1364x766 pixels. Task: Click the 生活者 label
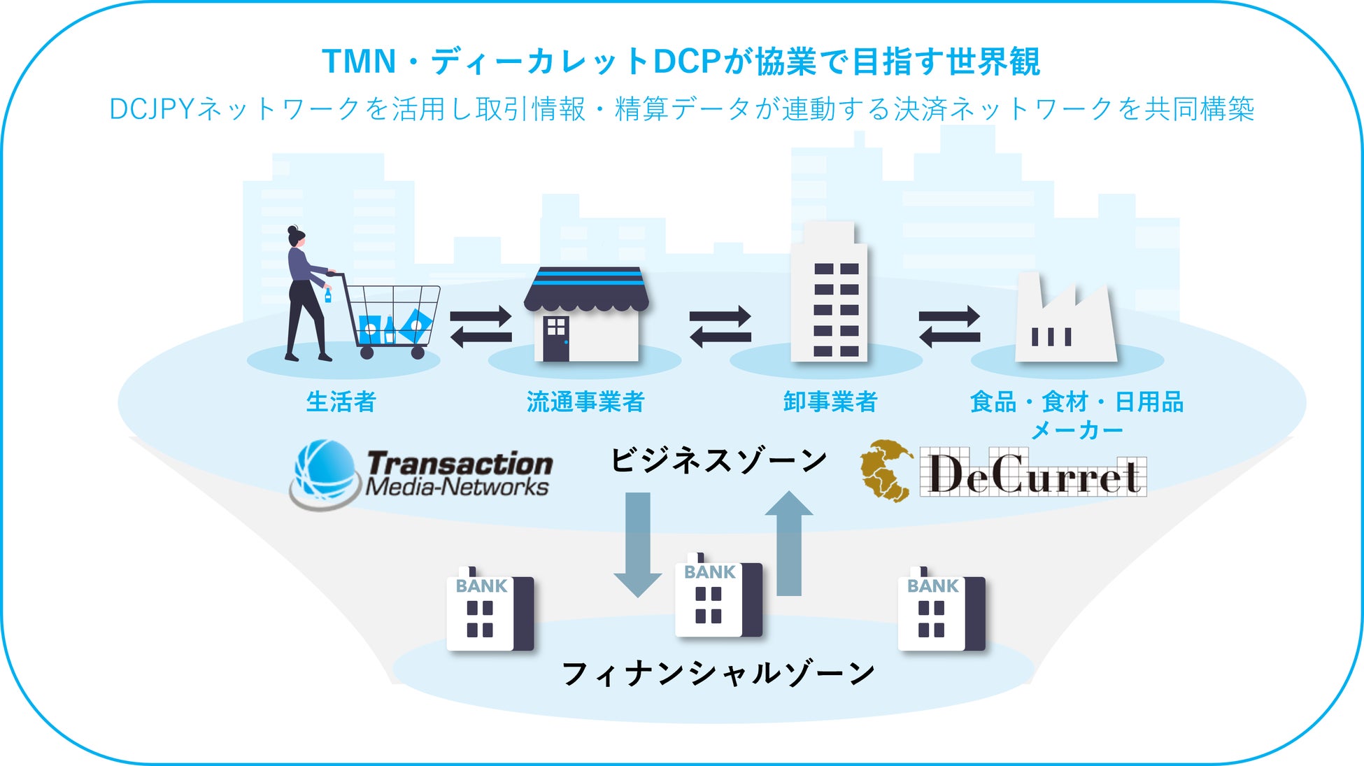[341, 402]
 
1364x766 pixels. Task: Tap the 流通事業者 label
[585, 402]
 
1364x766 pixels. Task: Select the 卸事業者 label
[830, 402]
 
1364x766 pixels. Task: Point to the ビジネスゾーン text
[718, 461]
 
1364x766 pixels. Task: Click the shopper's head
[297, 236]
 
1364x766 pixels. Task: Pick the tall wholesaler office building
[829, 294]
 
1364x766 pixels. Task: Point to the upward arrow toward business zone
[789, 542]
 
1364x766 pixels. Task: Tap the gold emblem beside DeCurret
[886, 471]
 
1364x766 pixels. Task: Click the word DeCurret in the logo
[1033, 474]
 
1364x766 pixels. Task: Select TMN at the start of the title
[359, 62]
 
